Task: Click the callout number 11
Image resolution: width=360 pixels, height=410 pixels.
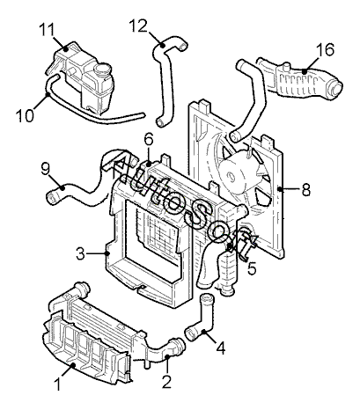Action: tap(47, 29)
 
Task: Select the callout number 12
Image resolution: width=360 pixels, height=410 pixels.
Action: tap(138, 26)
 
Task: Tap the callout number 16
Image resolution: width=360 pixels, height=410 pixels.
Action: tap(325, 49)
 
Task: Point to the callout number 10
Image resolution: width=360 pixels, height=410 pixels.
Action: tap(25, 115)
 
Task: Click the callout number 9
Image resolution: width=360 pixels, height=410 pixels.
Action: tap(45, 169)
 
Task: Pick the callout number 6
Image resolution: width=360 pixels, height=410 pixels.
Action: tap(149, 140)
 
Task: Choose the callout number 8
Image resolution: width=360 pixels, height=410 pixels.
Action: tap(305, 190)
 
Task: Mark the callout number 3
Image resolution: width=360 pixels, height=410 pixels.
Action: tap(80, 254)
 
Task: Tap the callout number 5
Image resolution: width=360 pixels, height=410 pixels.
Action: tap(252, 268)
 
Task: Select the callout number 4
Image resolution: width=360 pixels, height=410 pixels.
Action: tap(221, 348)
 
